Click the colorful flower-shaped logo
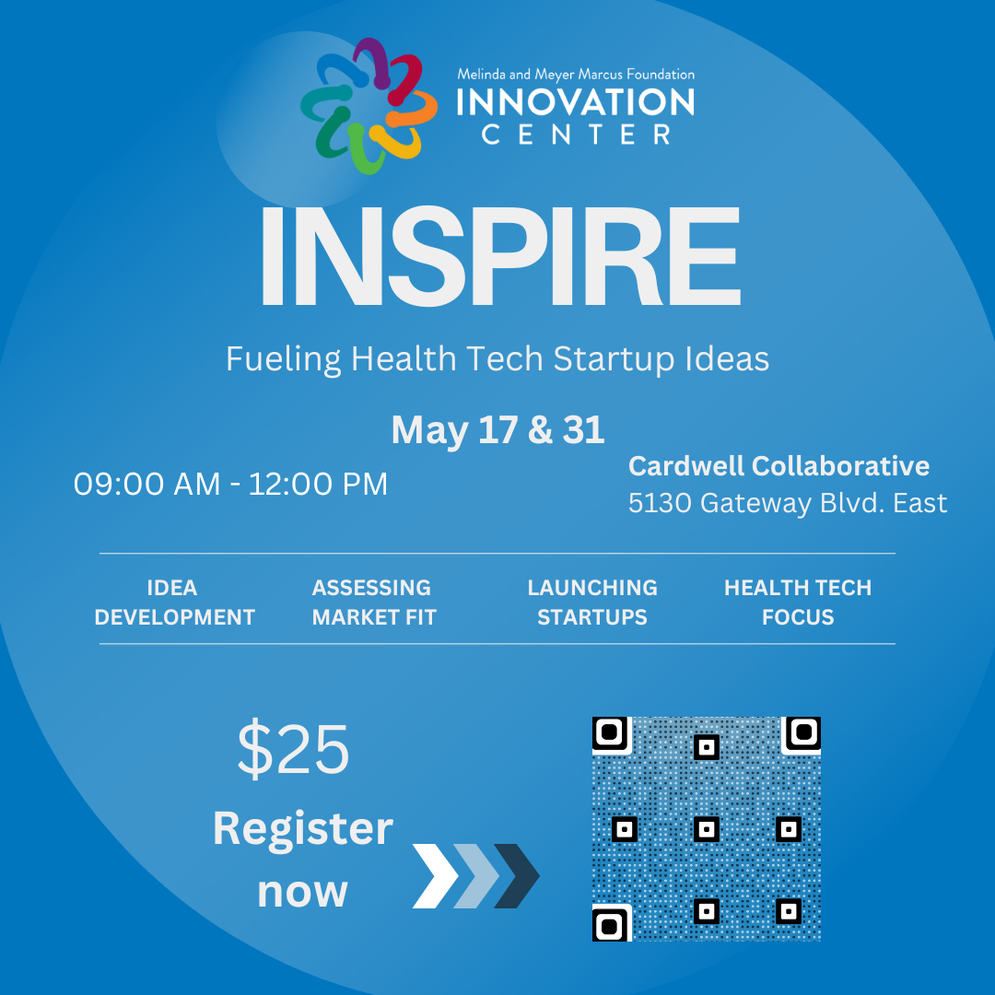pos(369,106)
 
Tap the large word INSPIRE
pos(500,257)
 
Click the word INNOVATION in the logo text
pos(576,102)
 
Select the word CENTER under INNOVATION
pos(576,135)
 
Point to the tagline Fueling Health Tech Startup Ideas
pos(497,359)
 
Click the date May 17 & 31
pos(497,429)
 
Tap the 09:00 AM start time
pos(147,485)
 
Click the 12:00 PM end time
pos(318,485)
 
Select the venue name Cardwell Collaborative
pos(778,466)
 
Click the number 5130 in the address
pos(660,503)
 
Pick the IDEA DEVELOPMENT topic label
pos(174,603)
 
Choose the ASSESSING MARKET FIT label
pos(373,603)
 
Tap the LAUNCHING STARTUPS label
pos(592,603)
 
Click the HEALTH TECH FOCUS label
pos(798,603)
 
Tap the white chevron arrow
pos(435,876)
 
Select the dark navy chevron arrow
pos(517,876)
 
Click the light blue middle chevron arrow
pos(476,876)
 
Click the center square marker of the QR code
pos(707,829)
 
